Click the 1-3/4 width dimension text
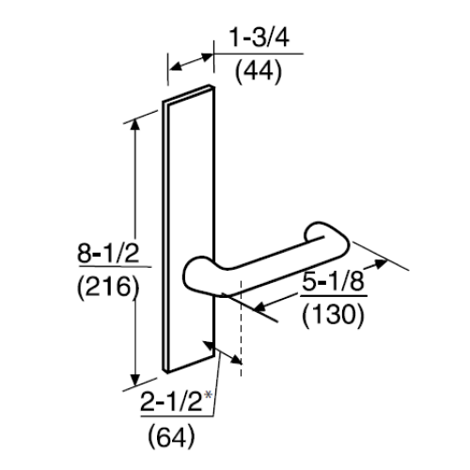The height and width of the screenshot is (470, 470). tap(256, 39)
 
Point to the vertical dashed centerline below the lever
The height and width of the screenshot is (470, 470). tap(243, 338)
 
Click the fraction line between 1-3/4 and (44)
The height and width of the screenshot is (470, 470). tap(258, 54)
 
